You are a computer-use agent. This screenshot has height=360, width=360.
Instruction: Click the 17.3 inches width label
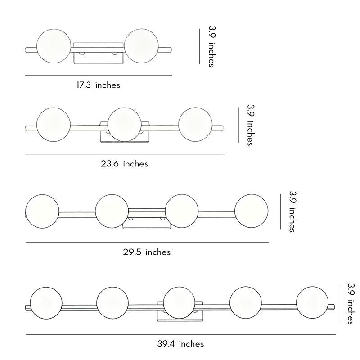coord(98,85)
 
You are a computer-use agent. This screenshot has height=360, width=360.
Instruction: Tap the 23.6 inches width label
coord(124,164)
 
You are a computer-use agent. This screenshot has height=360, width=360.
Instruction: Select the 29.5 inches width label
coord(147,252)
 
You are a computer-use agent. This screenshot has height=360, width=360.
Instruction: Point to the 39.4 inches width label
coord(181,344)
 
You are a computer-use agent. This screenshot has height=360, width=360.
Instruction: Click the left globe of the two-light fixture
coord(54,46)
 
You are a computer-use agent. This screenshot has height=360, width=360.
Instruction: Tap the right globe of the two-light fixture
coord(141,46)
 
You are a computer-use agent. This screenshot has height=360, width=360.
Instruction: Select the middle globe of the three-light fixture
coord(125,125)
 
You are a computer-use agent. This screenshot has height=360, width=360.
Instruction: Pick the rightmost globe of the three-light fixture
coord(195,125)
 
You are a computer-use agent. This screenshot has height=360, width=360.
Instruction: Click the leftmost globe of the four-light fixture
coord(42,211)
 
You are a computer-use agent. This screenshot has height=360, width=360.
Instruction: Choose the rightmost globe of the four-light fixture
coord(251,211)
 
